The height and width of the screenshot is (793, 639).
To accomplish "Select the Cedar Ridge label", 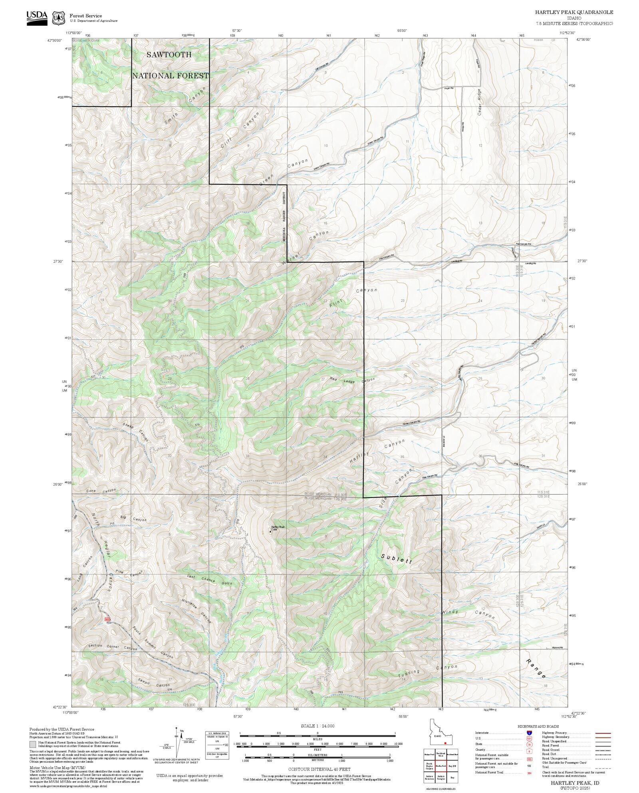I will [x=480, y=102].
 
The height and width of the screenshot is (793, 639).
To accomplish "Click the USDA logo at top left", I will [x=37, y=18].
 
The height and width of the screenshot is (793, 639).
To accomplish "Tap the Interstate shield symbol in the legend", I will [x=529, y=733].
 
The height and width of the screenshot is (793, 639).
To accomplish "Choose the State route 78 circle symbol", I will [x=529, y=744].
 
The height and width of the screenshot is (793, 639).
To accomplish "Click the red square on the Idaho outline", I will [x=445, y=743].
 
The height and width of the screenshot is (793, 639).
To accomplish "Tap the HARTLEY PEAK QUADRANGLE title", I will [x=574, y=12].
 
